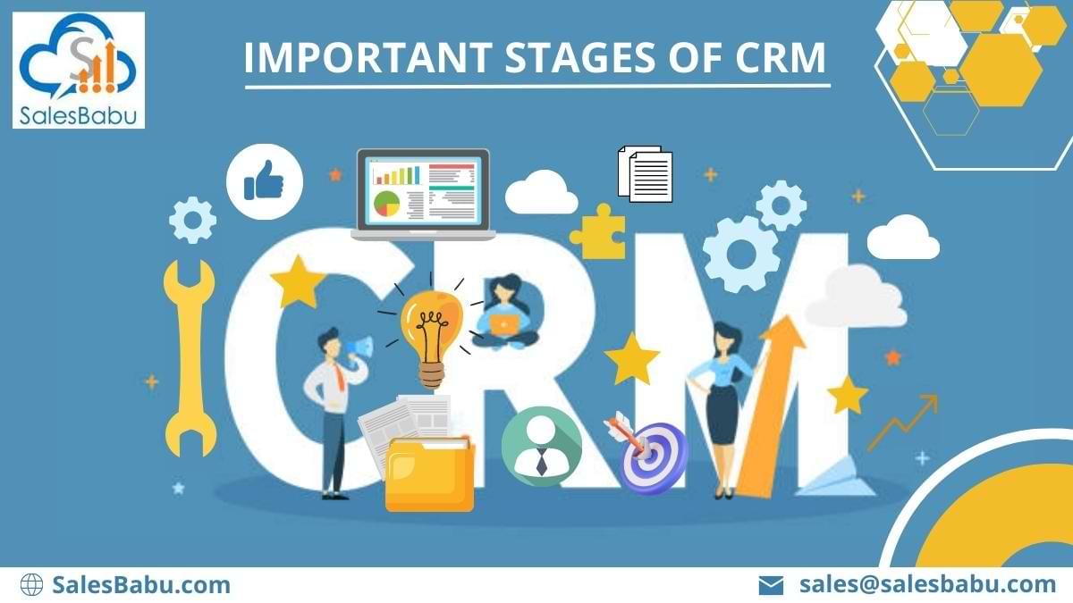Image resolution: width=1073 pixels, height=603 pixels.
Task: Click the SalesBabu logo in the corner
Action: [x=79, y=70]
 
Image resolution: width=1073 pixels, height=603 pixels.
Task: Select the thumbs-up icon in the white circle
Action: [x=264, y=185]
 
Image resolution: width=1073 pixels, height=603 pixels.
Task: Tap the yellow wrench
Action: [x=190, y=357]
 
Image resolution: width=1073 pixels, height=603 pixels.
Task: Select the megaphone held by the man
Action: [x=358, y=347]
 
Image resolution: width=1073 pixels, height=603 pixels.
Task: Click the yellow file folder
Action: [x=429, y=473]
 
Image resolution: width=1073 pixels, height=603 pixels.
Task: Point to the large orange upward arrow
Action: [x=763, y=411]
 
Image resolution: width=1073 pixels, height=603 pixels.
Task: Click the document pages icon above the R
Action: [x=645, y=174]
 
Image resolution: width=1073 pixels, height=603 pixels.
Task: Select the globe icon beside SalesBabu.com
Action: [x=31, y=585]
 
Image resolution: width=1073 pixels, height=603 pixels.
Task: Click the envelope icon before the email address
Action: [x=771, y=586]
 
